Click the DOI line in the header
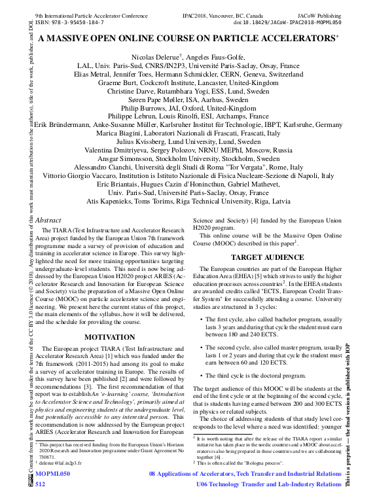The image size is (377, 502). [x=287, y=22]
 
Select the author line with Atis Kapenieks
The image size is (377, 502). [x=188, y=202]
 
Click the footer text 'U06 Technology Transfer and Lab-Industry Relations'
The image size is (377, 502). [x=269, y=484]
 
